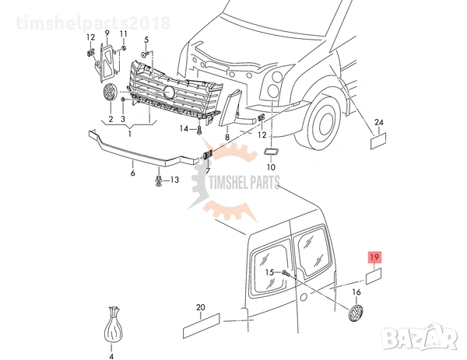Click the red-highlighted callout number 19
click(x=374, y=257)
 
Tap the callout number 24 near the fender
click(x=379, y=123)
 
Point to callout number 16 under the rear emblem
click(x=356, y=292)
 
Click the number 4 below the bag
click(x=111, y=356)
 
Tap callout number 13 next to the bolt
click(x=174, y=180)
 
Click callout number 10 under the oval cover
click(x=271, y=166)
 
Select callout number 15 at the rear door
click(x=269, y=272)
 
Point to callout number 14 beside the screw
click(x=184, y=128)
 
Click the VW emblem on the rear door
click(x=356, y=314)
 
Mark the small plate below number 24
click(x=379, y=141)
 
